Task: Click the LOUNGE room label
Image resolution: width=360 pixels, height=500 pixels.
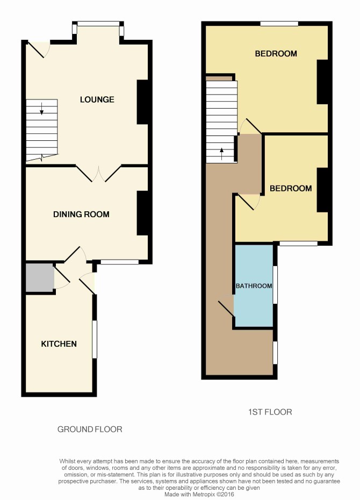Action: click(97, 99)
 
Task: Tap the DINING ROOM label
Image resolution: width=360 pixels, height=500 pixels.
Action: click(81, 215)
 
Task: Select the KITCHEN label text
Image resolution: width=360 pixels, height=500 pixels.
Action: click(59, 344)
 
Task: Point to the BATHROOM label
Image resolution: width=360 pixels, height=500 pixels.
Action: click(254, 285)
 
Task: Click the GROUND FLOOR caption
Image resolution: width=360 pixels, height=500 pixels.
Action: click(90, 429)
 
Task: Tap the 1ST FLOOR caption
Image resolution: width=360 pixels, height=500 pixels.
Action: click(270, 412)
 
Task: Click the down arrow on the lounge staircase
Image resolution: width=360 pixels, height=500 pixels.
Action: click(42, 109)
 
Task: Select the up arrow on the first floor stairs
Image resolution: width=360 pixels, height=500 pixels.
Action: click(222, 154)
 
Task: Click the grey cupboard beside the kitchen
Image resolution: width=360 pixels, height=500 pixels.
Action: click(40, 277)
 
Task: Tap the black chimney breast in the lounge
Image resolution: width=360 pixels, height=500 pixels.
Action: click(142, 102)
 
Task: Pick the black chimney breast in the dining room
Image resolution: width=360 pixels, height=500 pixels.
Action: click(142, 213)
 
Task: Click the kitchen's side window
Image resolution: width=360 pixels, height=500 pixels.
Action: click(95, 339)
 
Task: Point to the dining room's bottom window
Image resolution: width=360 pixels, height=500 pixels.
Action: click(120, 262)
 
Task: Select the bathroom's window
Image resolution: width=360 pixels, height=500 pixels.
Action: click(275, 285)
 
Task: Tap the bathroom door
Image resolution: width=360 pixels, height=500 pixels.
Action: click(226, 309)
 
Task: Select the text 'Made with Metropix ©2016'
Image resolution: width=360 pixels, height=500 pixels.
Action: click(199, 494)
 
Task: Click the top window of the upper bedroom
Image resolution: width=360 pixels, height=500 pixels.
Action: click(279, 24)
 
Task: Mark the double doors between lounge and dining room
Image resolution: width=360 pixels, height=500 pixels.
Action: click(99, 174)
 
